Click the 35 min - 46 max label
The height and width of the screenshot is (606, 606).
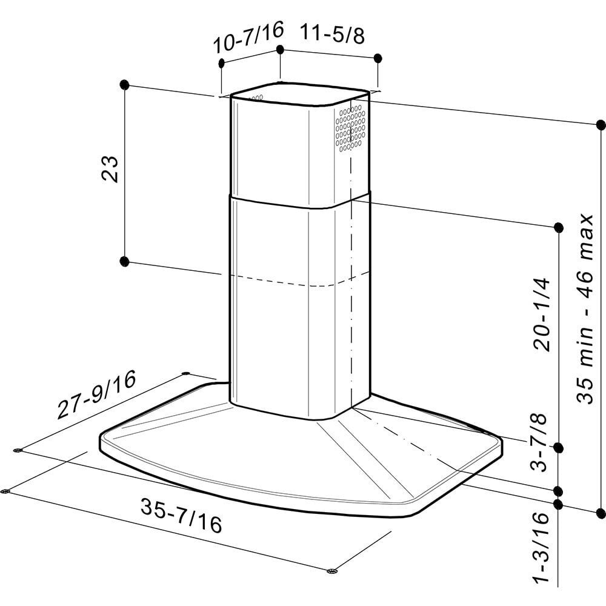(x=586, y=308)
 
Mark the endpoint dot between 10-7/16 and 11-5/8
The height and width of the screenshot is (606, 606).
(x=279, y=48)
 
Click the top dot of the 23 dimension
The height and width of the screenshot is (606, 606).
(x=125, y=84)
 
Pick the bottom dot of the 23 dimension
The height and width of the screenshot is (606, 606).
(x=124, y=261)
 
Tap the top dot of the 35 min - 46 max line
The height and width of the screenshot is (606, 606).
(x=601, y=125)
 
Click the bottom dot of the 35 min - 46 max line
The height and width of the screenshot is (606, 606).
(x=601, y=510)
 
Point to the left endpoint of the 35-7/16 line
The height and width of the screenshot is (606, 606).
(x=6, y=490)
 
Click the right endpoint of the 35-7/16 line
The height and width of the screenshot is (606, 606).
(x=330, y=571)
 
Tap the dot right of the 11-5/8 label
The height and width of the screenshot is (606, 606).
(x=378, y=58)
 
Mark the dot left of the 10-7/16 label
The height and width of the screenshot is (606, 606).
(x=221, y=63)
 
